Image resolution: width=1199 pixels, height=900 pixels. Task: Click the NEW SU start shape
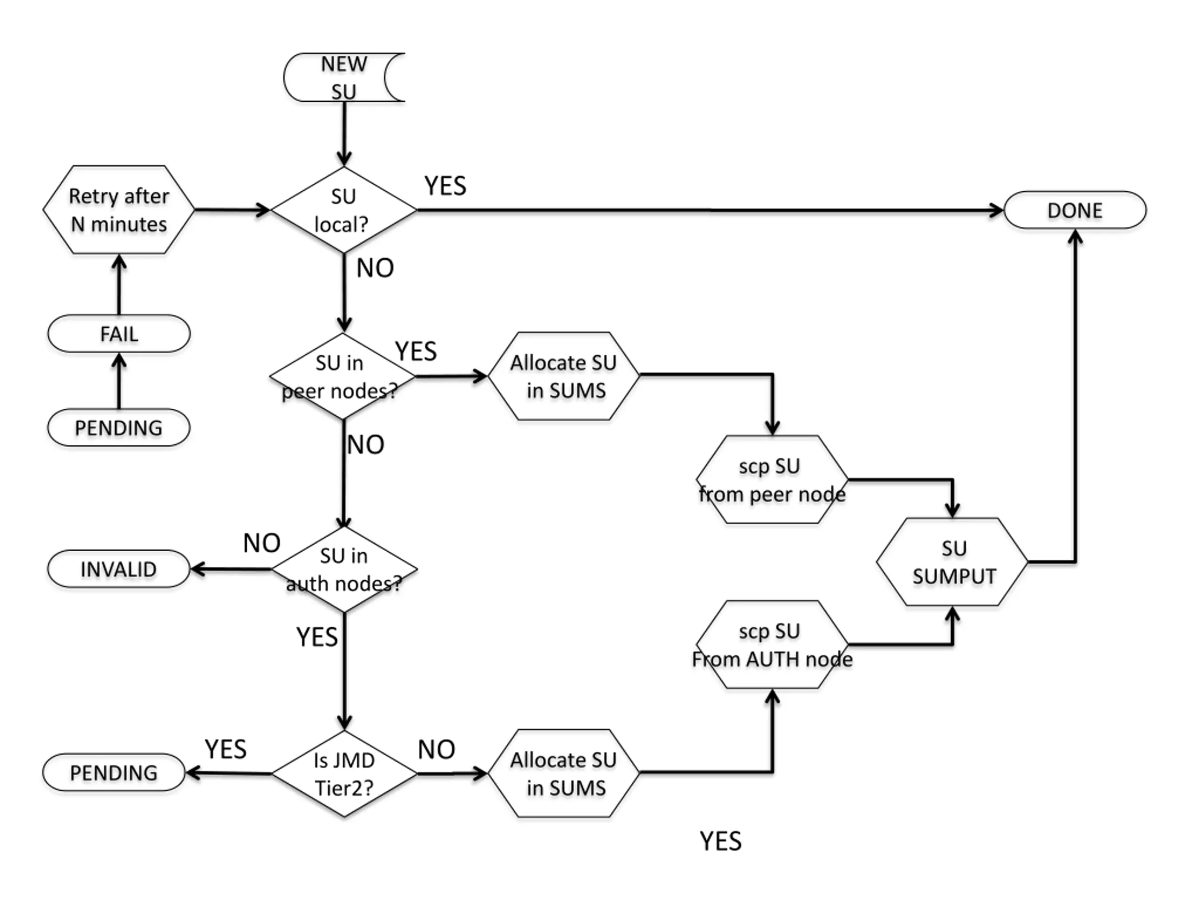pyautogui.click(x=344, y=77)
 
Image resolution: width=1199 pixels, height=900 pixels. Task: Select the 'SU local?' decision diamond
pyautogui.click(x=344, y=210)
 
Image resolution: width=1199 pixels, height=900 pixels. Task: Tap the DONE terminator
pyautogui.click(x=1075, y=210)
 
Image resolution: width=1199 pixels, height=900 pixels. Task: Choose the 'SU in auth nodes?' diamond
pyautogui.click(x=344, y=570)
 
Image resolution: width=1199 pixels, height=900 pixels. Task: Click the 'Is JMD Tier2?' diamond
pyautogui.click(x=344, y=773)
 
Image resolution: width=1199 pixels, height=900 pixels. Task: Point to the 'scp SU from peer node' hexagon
pyautogui.click(x=772, y=480)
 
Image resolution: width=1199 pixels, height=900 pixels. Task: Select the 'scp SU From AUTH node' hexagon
pyautogui.click(x=772, y=645)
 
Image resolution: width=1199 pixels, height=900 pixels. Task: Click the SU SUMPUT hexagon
pyautogui.click(x=952, y=562)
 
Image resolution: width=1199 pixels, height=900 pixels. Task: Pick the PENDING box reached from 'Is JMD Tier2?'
pyautogui.click(x=114, y=772)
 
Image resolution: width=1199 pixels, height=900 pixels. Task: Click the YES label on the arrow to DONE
pyautogui.click(x=445, y=186)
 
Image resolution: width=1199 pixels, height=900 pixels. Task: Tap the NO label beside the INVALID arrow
pyautogui.click(x=262, y=543)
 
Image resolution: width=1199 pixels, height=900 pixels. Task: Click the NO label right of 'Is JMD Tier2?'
pyautogui.click(x=437, y=750)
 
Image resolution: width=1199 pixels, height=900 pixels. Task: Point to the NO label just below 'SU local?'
pyautogui.click(x=375, y=268)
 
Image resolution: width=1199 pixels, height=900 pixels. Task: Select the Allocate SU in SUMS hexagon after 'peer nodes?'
pyautogui.click(x=564, y=376)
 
